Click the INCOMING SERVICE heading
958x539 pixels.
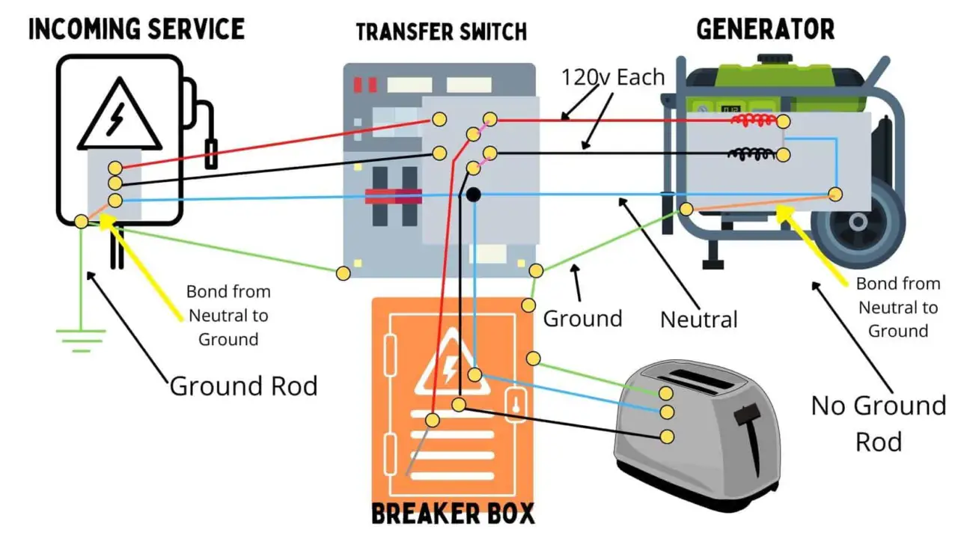click(135, 29)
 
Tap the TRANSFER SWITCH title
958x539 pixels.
click(441, 32)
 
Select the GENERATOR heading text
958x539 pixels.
click(765, 29)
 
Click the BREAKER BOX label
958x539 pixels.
click(454, 514)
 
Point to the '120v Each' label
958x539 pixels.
click(613, 77)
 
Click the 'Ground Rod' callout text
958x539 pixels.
click(243, 386)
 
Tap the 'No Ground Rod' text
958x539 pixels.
click(879, 423)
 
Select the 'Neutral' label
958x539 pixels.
click(698, 320)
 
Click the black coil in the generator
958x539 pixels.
click(751, 154)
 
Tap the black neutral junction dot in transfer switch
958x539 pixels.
click(473, 195)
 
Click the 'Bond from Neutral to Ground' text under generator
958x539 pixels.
click(897, 307)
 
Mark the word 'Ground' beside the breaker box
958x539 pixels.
click(582, 318)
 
